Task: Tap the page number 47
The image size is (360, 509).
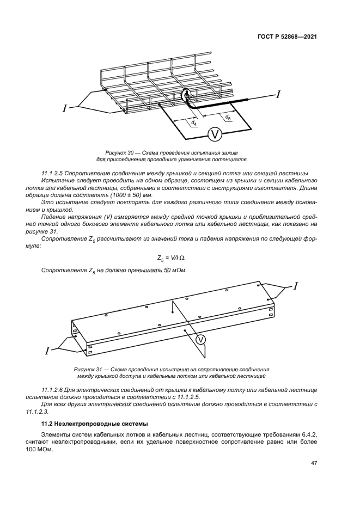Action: (314, 463)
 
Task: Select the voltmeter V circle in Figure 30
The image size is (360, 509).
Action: (215, 134)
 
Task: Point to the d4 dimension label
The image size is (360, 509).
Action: (193, 124)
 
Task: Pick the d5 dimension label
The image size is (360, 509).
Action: (228, 117)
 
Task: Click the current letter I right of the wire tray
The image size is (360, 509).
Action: (278, 95)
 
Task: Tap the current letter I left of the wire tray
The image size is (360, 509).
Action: (64, 108)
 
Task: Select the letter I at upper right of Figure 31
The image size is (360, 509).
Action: (295, 285)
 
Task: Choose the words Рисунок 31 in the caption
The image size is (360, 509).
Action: (88, 369)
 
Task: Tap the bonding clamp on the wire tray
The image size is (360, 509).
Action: (188, 96)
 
